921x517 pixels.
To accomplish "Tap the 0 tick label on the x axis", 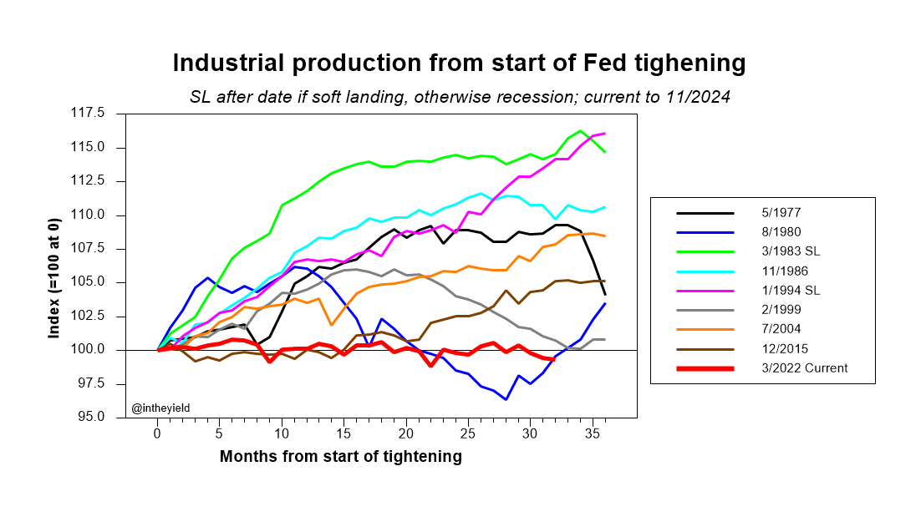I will click(x=157, y=434).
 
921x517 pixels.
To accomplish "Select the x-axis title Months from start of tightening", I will click(x=340, y=457).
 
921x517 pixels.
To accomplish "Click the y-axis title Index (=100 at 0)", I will click(x=54, y=265).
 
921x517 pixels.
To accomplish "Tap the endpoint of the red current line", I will click(x=553, y=360).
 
